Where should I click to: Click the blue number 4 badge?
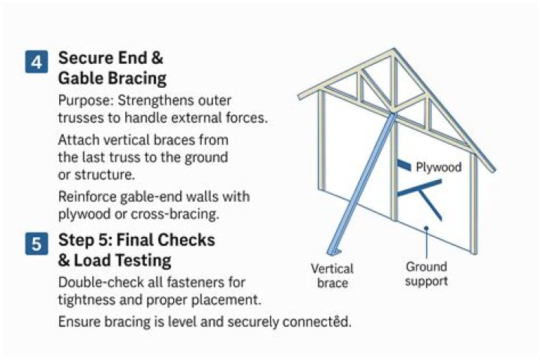pyautogui.click(x=35, y=61)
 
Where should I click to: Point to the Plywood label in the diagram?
pyautogui.click(x=439, y=167)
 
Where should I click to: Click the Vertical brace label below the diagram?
pyautogui.click(x=331, y=275)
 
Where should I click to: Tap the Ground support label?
pyautogui.click(x=426, y=274)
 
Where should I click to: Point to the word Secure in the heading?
pyautogui.click(x=85, y=58)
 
